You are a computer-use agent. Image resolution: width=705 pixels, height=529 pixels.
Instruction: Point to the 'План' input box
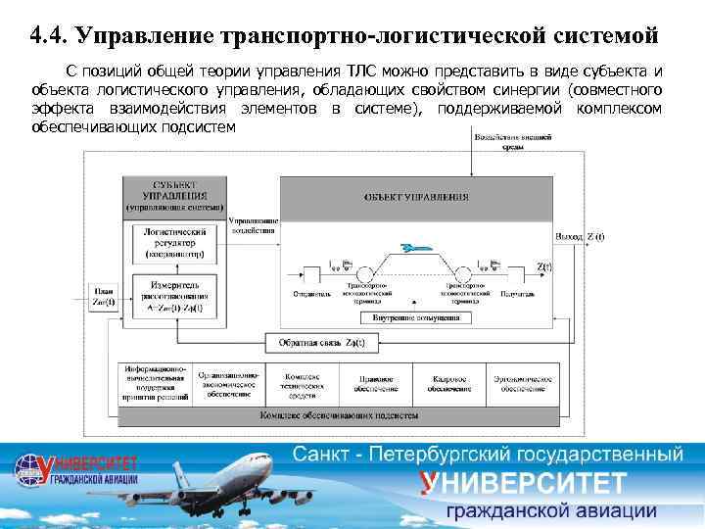104,296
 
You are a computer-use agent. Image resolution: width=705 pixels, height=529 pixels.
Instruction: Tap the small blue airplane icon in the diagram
414,247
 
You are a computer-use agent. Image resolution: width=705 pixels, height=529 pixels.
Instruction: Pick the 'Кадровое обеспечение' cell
448,383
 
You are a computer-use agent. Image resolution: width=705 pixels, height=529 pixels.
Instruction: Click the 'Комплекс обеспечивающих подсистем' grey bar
340,415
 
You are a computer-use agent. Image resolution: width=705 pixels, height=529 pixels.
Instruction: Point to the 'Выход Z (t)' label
580,236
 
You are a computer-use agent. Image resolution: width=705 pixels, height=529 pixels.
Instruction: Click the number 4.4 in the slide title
47,37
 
